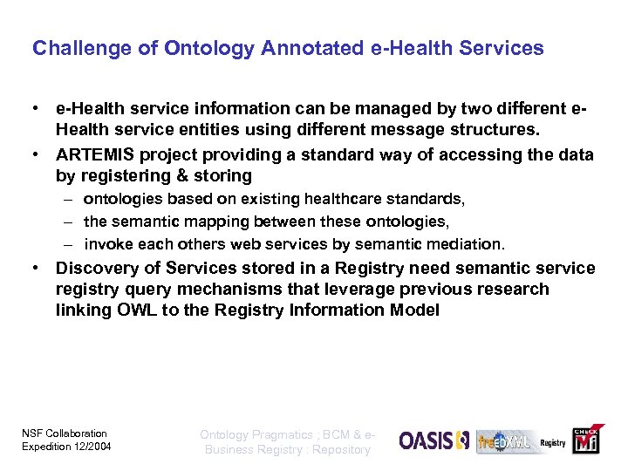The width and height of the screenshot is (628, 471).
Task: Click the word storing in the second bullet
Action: (223, 176)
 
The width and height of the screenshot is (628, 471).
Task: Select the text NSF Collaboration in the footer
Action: (64, 433)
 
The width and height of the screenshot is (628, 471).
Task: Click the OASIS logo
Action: (434, 440)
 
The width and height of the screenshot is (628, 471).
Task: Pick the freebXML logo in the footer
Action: (506, 441)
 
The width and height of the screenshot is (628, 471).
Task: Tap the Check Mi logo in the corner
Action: (584, 440)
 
